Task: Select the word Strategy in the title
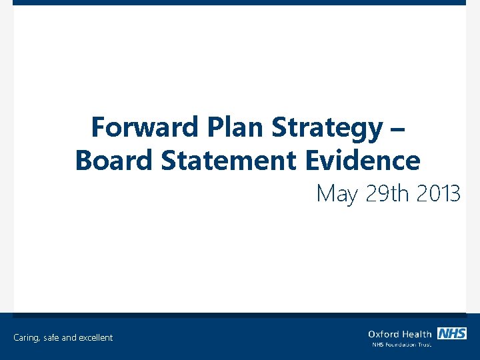tap(327, 127)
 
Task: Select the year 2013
tap(438, 193)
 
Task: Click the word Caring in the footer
tap(27, 338)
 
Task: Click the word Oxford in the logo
tap(382, 334)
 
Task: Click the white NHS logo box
tap(452, 333)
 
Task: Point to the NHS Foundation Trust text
tap(402, 345)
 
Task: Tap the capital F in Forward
tap(97, 127)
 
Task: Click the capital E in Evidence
tap(313, 161)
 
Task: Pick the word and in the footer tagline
tap(69, 338)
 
